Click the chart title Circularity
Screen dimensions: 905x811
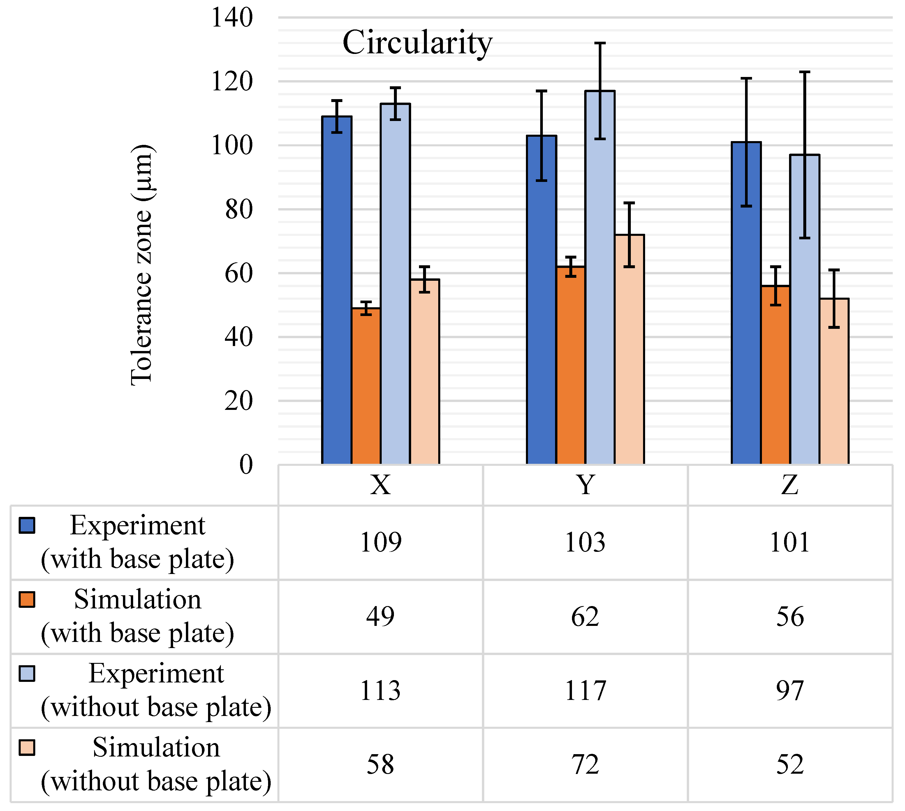[x=417, y=43]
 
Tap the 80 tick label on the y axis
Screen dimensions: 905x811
[x=239, y=209]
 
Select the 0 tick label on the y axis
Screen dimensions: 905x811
[x=246, y=465]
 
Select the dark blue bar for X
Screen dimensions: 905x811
[x=337, y=290]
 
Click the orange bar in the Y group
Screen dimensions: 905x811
[x=571, y=365]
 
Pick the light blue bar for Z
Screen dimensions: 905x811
[x=805, y=310]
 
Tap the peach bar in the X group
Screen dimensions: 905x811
[x=425, y=372]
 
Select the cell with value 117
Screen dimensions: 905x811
[x=585, y=691]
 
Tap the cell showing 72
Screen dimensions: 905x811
[x=585, y=765]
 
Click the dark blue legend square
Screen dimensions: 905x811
[x=27, y=525]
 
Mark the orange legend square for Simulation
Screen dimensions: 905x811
[x=27, y=599]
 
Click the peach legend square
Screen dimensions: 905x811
[x=27, y=748]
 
